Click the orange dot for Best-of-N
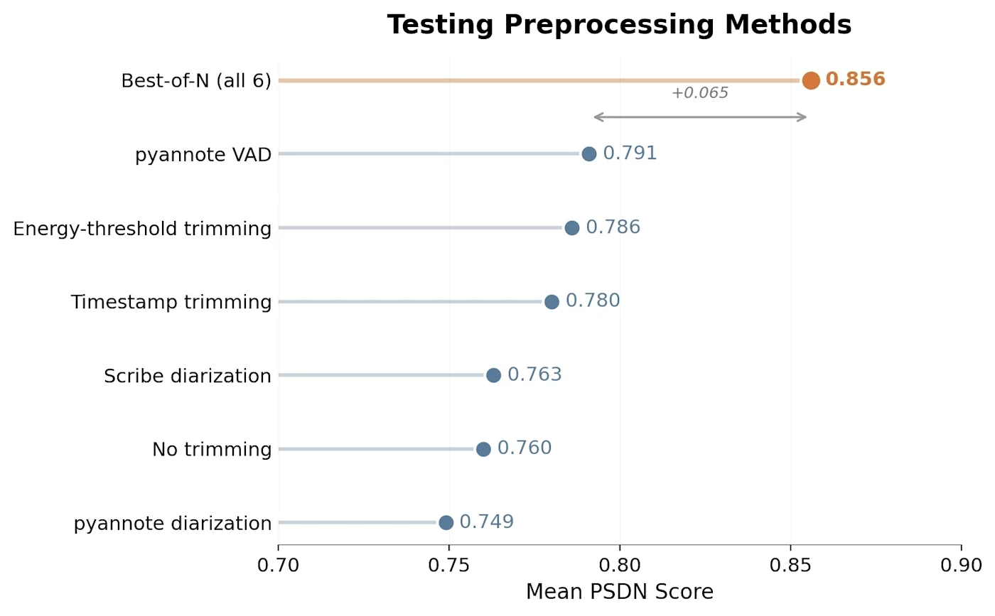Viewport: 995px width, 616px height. (x=811, y=80)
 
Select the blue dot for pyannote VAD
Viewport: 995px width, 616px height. (x=588, y=153)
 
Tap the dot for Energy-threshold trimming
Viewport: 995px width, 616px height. (x=571, y=228)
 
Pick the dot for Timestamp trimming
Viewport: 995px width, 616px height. (x=552, y=301)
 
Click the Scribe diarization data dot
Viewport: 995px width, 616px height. (x=493, y=375)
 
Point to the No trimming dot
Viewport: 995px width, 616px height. (x=483, y=449)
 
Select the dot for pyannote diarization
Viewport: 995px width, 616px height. (x=446, y=522)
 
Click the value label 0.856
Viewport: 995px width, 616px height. (x=855, y=79)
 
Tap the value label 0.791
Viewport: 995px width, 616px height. (x=630, y=153)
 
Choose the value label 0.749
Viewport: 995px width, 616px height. (x=486, y=522)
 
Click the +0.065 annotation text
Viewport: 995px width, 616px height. (x=699, y=93)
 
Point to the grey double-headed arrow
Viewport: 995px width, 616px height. (x=700, y=117)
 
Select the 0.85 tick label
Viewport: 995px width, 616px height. (x=790, y=565)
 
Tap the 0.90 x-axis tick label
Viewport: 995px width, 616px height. (x=961, y=565)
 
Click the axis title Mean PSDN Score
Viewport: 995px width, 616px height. (x=620, y=592)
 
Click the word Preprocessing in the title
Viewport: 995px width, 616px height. (x=609, y=25)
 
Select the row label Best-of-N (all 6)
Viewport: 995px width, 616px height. (x=196, y=81)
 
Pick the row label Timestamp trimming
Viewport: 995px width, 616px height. (x=171, y=302)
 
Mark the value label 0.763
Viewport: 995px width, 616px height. (x=534, y=374)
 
